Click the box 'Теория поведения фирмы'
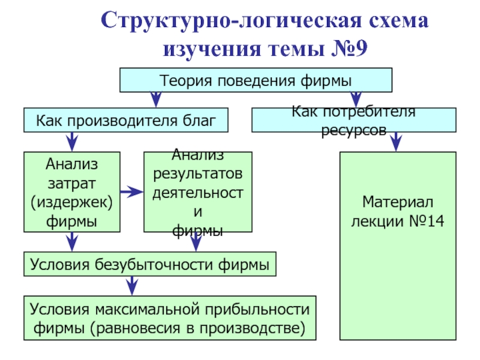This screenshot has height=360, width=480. [256, 80]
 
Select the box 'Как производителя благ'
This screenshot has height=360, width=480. [126, 120]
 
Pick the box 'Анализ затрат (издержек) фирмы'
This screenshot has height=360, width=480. [71, 192]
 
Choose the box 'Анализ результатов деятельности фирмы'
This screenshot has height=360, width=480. [197, 192]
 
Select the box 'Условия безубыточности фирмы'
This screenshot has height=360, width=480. [150, 265]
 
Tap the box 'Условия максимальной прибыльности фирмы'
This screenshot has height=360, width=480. [170, 319]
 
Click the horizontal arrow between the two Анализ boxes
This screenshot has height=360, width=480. [131, 192]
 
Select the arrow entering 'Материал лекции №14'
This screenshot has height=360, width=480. [396, 142]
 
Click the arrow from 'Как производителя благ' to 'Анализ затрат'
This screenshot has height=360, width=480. [71, 142]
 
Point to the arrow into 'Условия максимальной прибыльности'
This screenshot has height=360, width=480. [128, 286]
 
